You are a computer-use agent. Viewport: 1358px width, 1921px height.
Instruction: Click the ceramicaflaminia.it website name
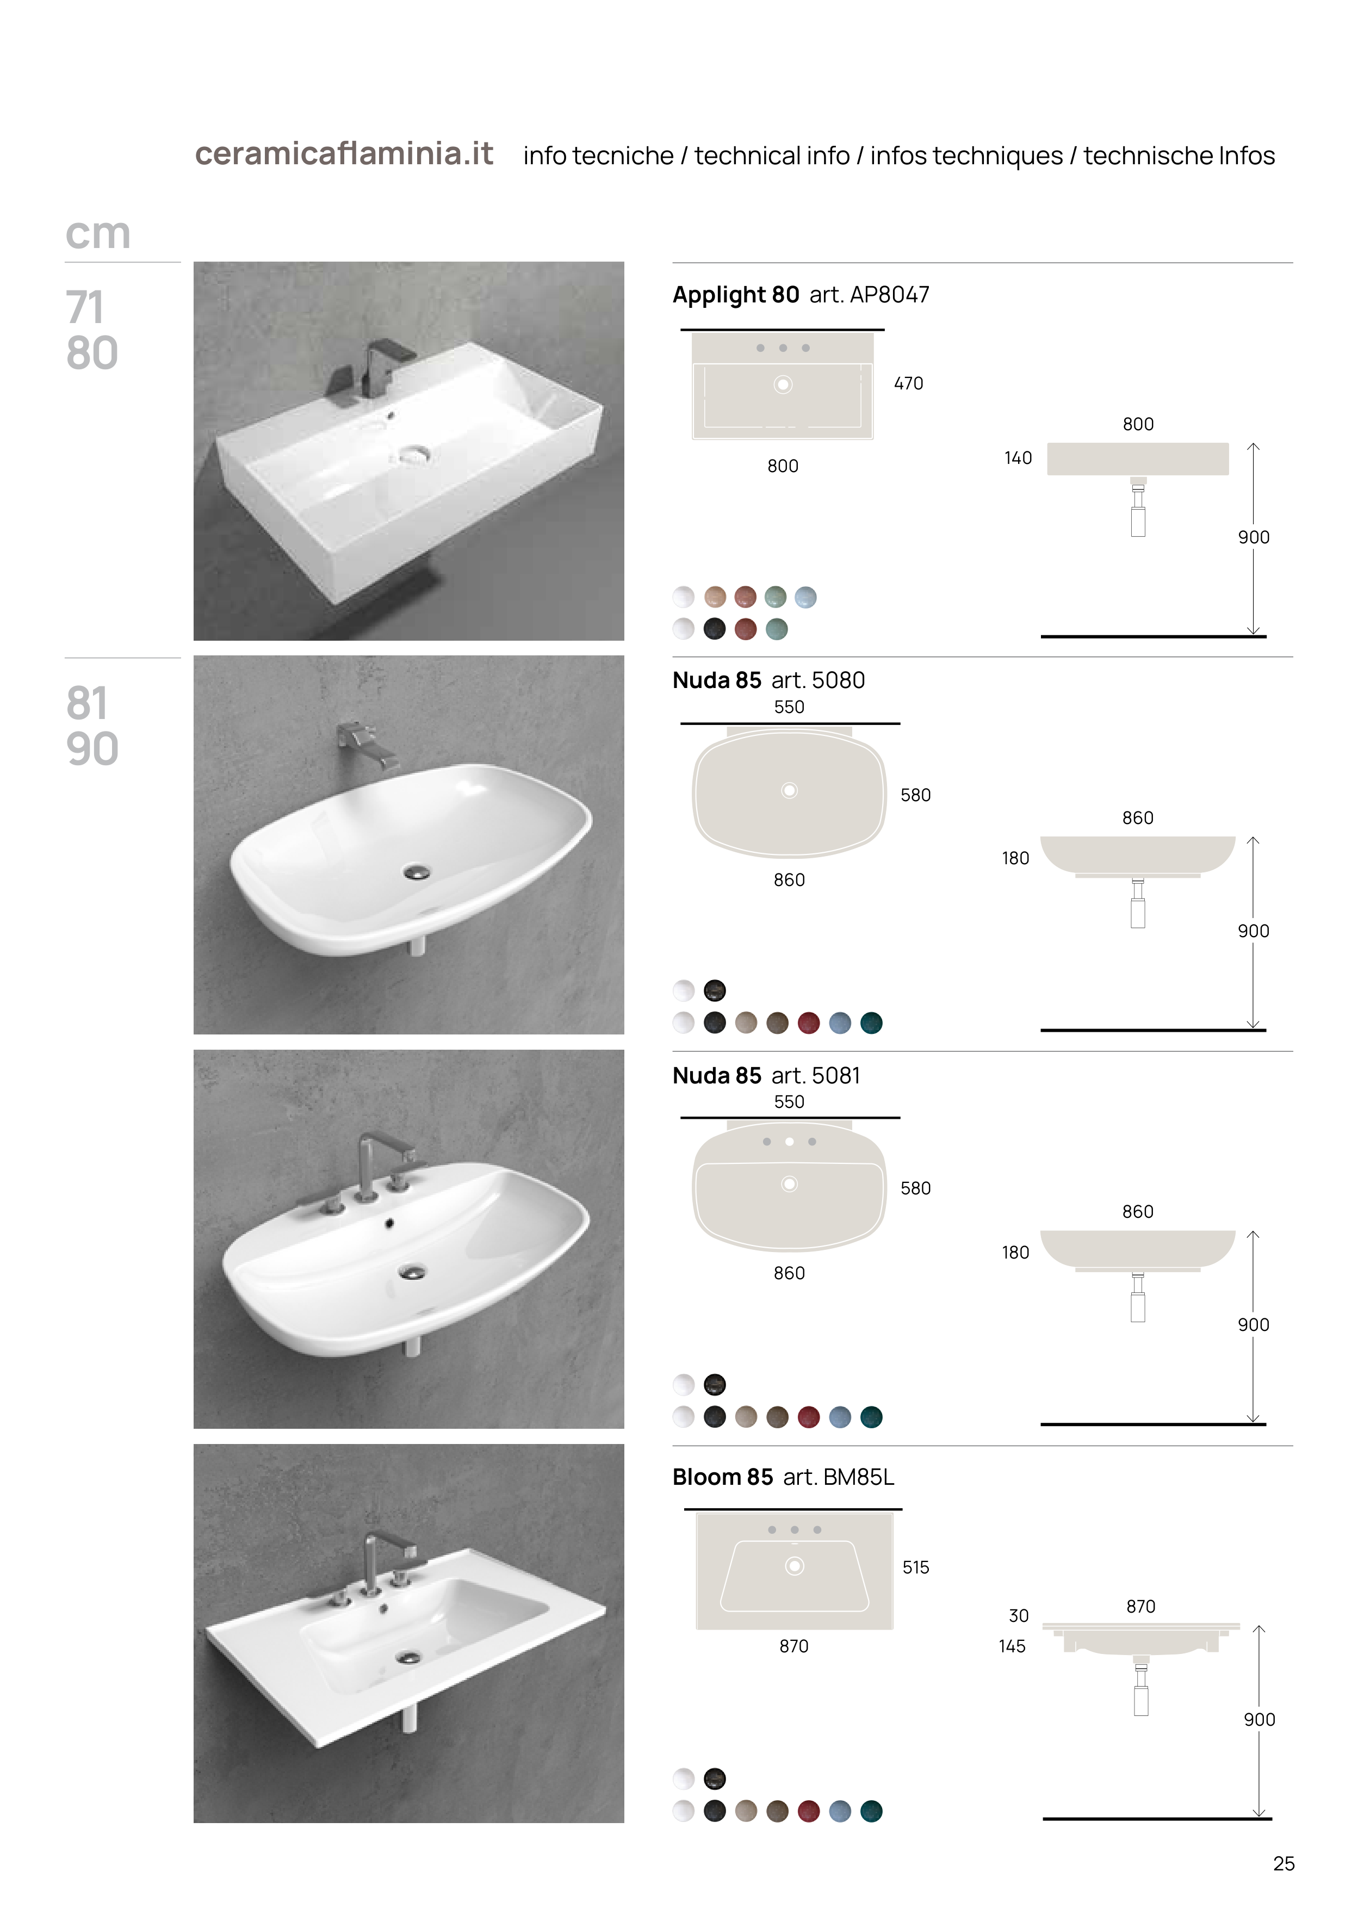pos(344,154)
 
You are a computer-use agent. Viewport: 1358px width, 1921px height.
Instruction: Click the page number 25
pos(1283,1863)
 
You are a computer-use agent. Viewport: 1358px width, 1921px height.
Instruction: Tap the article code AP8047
pos(889,294)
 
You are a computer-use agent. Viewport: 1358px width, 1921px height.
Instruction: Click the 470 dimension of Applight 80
pos(909,383)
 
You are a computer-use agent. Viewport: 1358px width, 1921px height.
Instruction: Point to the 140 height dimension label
pos(1018,457)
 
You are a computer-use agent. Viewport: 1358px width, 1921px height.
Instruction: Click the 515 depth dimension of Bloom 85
pos(915,1567)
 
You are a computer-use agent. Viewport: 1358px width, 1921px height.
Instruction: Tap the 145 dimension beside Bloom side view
pos(1012,1646)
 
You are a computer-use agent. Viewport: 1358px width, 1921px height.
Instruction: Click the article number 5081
pos(836,1075)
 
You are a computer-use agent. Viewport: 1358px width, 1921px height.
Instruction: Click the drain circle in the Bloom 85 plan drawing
pos(794,1565)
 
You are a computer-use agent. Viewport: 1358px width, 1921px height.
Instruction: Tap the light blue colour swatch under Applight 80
pos(806,597)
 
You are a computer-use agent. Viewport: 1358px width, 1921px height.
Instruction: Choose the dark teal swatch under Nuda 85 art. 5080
pos(871,1023)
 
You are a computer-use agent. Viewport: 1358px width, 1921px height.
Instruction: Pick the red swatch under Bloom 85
pos(808,1811)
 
